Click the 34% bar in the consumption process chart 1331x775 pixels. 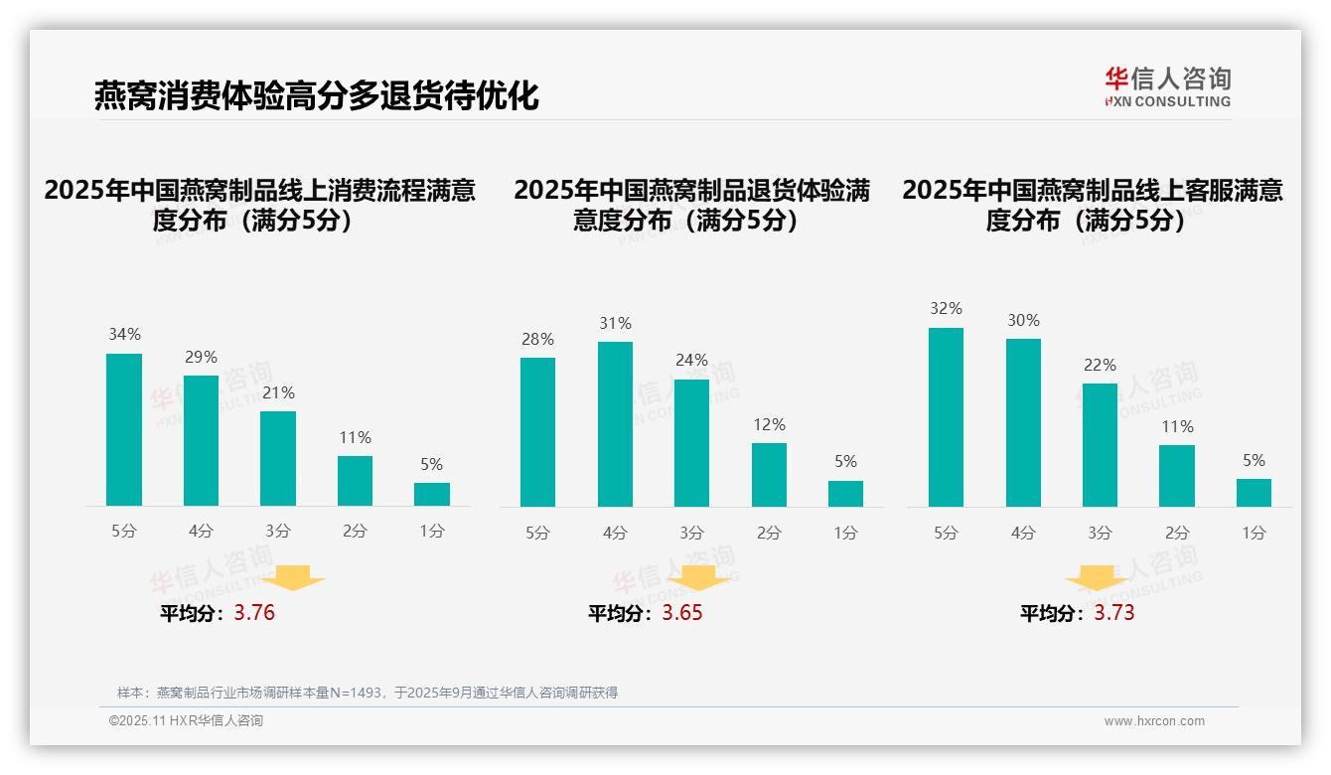click(124, 429)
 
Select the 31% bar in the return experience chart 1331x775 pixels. click(615, 424)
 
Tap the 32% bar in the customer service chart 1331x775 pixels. click(946, 417)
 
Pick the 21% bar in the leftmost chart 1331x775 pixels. click(278, 458)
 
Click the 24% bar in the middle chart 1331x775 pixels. click(691, 442)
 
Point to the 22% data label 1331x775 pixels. click(1100, 366)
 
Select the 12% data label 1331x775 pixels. click(769, 424)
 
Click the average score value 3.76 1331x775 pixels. click(254, 613)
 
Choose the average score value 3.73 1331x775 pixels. click(1114, 613)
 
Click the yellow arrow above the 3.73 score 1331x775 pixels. click(1097, 577)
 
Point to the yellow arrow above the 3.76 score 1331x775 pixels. click(293, 577)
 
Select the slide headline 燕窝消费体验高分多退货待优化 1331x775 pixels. click(316, 96)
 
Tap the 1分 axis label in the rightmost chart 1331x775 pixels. click(1254, 534)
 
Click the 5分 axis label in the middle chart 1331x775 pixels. click(537, 534)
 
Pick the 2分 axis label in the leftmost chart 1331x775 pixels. click(355, 532)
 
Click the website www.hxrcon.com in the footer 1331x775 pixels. click(1153, 721)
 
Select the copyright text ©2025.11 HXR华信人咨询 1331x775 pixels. click(186, 721)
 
